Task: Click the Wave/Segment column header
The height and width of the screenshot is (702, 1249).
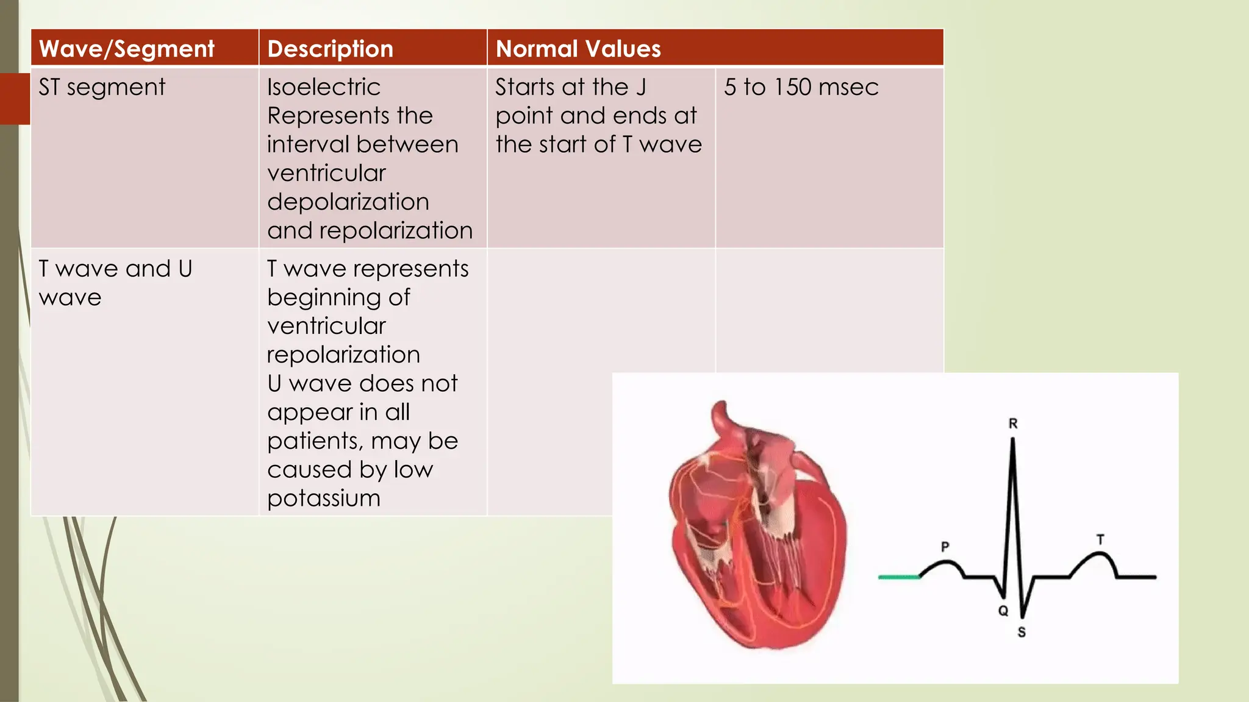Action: [127, 49]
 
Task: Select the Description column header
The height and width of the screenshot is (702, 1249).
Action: [330, 49]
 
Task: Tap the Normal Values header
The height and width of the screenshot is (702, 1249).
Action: [578, 49]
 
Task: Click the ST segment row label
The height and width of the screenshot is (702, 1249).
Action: [102, 87]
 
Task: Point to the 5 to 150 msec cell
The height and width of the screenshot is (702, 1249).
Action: [801, 87]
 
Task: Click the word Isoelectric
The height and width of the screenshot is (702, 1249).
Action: [324, 87]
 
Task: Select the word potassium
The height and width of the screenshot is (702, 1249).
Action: [324, 498]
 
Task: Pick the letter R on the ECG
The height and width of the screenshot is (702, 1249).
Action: [1013, 424]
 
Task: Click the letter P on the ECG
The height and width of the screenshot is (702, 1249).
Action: [945, 547]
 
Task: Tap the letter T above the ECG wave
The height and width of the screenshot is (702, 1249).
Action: [1100, 539]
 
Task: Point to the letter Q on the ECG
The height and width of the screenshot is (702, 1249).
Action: [1003, 611]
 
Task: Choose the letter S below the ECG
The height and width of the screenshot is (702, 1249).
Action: [1022, 633]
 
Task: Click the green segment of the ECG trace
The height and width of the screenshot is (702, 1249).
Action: [899, 576]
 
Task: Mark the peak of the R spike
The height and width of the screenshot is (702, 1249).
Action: [1013, 440]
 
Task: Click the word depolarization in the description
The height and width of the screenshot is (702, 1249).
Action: [348, 202]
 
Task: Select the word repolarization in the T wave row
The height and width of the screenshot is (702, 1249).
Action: [343, 355]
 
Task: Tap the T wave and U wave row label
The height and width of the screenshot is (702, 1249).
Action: [115, 282]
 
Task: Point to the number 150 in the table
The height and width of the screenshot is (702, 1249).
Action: [792, 87]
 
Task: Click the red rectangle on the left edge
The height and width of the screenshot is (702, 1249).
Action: [15, 99]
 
